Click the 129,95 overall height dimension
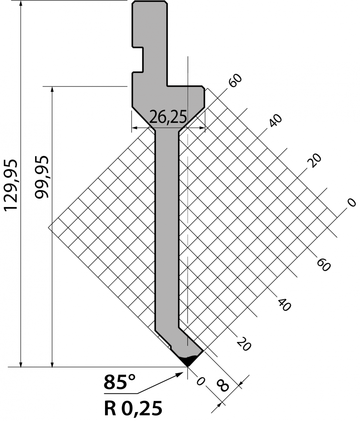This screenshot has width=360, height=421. pyautogui.click(x=11, y=185)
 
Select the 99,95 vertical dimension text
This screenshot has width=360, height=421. pyautogui.click(x=42, y=177)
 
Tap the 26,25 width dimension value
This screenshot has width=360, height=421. pyautogui.click(x=168, y=117)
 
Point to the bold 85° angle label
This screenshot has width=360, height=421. pyautogui.click(x=119, y=382)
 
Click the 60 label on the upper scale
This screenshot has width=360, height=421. pyautogui.click(x=235, y=80)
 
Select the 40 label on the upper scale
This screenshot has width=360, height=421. pyautogui.click(x=276, y=120)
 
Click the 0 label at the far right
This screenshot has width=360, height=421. pyautogui.click(x=352, y=203)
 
